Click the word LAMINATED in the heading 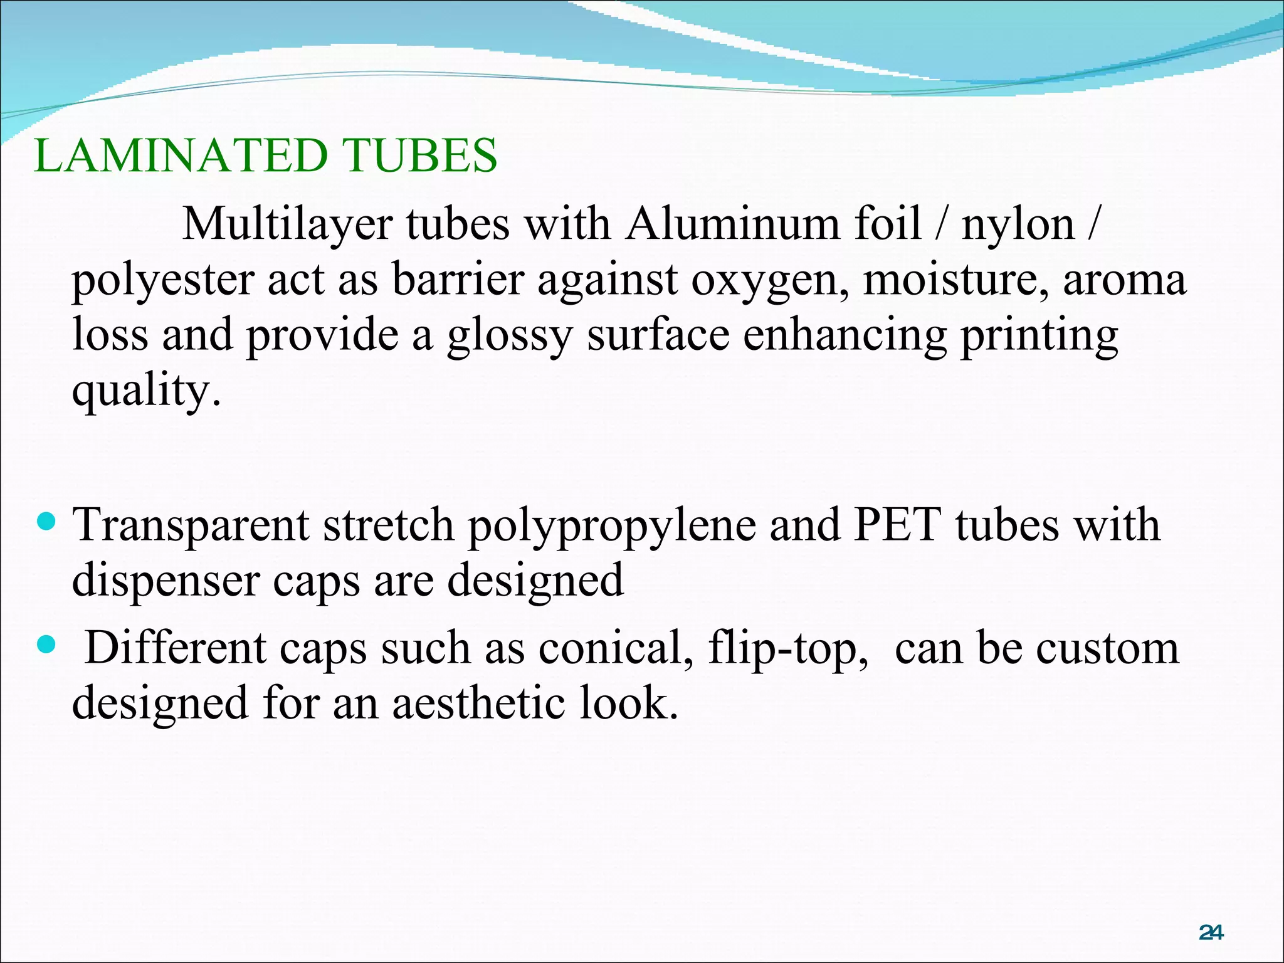pyautogui.click(x=181, y=155)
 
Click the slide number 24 pyautogui.click(x=1211, y=933)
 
